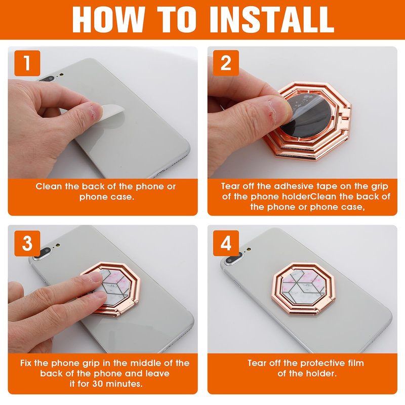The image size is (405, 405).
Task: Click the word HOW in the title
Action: tap(108, 20)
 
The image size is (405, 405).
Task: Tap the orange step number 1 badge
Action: tap(27, 63)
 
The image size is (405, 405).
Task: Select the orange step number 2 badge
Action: tap(226, 63)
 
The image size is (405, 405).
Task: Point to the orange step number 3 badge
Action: tap(27, 244)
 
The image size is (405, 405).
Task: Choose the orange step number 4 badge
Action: tap(226, 244)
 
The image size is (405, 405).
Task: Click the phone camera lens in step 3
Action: tap(45, 252)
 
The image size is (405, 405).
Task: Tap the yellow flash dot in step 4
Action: tap(249, 250)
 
